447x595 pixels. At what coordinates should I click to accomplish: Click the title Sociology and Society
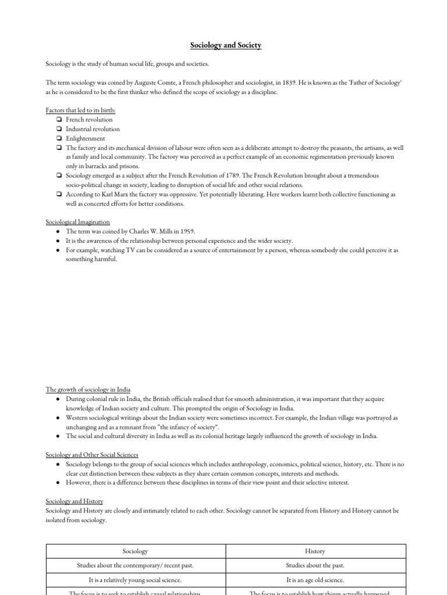(226, 45)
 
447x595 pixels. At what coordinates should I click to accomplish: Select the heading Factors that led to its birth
(80, 110)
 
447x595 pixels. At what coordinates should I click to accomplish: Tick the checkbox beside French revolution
(59, 120)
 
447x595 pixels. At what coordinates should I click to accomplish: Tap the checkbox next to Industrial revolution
(59, 129)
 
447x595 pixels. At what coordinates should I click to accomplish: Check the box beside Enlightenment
(59, 138)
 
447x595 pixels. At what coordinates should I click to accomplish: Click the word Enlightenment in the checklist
(86, 138)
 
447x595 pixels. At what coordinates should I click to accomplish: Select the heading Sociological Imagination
(77, 222)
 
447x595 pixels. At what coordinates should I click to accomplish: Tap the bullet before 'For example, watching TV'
(58, 250)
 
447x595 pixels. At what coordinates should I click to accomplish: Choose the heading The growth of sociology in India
(88, 389)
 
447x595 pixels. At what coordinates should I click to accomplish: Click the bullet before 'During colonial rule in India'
(58, 399)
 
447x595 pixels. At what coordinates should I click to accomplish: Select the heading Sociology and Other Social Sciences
(92, 454)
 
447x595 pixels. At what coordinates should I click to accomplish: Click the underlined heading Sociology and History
(74, 501)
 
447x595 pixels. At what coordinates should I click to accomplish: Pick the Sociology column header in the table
(135, 551)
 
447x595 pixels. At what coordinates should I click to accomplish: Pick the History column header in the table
(315, 551)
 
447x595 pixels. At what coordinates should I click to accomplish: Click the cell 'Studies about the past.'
(315, 565)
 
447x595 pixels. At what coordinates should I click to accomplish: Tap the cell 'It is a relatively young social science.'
(135, 580)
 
